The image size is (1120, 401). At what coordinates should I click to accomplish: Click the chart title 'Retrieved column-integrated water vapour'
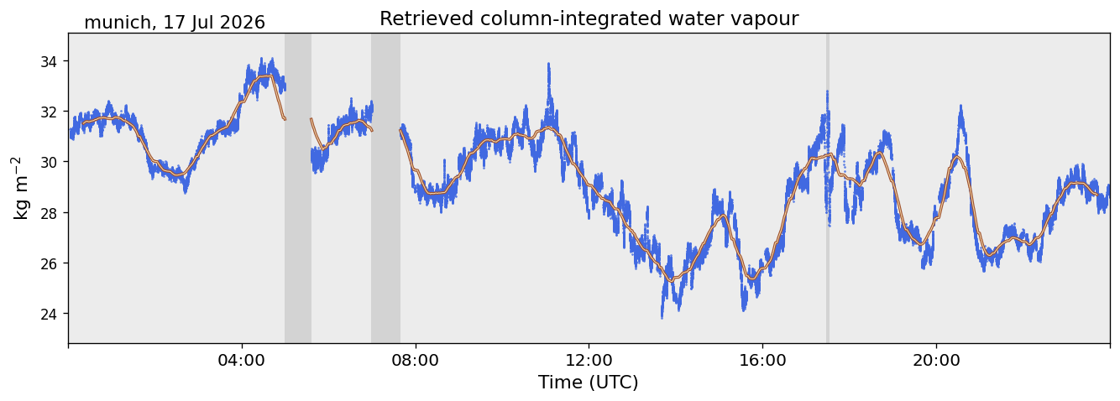point(589,18)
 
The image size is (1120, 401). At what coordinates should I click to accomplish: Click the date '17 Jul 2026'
point(214,23)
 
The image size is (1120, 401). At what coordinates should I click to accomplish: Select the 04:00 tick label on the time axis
point(242,360)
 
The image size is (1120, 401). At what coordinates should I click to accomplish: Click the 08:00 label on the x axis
point(416,360)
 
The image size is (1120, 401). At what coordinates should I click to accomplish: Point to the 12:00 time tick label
point(589,360)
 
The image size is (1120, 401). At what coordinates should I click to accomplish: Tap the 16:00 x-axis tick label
point(762,360)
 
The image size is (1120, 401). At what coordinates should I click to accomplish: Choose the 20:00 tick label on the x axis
point(936,360)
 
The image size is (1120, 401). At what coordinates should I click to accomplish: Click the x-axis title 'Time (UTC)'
point(588,383)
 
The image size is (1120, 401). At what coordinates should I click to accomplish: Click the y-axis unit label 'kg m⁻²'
point(21,188)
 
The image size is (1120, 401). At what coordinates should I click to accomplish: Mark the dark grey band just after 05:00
point(298,188)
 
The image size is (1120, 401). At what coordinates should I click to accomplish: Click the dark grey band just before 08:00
point(385,188)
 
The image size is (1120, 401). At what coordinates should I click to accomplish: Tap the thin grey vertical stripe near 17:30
point(828,188)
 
